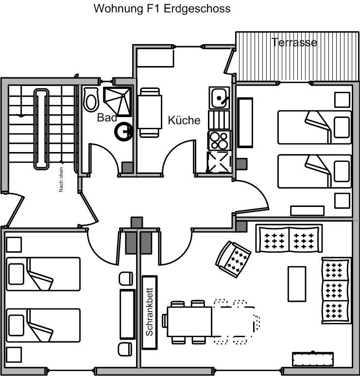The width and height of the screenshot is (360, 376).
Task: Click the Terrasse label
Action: click(294, 42)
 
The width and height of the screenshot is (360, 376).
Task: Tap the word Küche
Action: click(184, 120)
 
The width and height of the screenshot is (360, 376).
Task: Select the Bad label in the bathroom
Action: click(107, 118)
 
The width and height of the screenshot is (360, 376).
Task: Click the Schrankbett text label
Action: click(149, 311)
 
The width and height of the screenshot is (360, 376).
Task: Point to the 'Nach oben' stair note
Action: click(61, 180)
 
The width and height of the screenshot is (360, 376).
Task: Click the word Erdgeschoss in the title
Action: click(197, 9)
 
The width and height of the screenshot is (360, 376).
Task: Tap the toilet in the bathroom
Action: click(91, 100)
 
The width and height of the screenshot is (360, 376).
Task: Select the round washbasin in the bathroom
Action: click(124, 131)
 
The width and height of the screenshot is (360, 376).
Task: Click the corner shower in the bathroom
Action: click(118, 102)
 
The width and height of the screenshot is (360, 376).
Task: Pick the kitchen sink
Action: click(219, 98)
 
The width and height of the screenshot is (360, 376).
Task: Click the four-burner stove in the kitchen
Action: click(220, 140)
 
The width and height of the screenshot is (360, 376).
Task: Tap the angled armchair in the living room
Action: click(233, 259)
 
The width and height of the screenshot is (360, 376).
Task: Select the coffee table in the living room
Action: click(297, 284)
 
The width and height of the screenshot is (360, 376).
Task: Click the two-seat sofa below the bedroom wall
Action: click(289, 239)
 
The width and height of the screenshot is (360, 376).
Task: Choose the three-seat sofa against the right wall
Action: click(336, 291)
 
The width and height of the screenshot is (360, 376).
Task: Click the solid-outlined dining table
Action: click(189, 322)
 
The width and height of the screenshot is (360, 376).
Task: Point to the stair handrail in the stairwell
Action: click(41, 129)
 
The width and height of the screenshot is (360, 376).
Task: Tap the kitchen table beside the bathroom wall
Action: click(150, 112)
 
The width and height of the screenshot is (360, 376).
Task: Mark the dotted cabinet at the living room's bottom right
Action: click(313, 359)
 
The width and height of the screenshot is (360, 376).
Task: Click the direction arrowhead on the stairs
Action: click(21, 116)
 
